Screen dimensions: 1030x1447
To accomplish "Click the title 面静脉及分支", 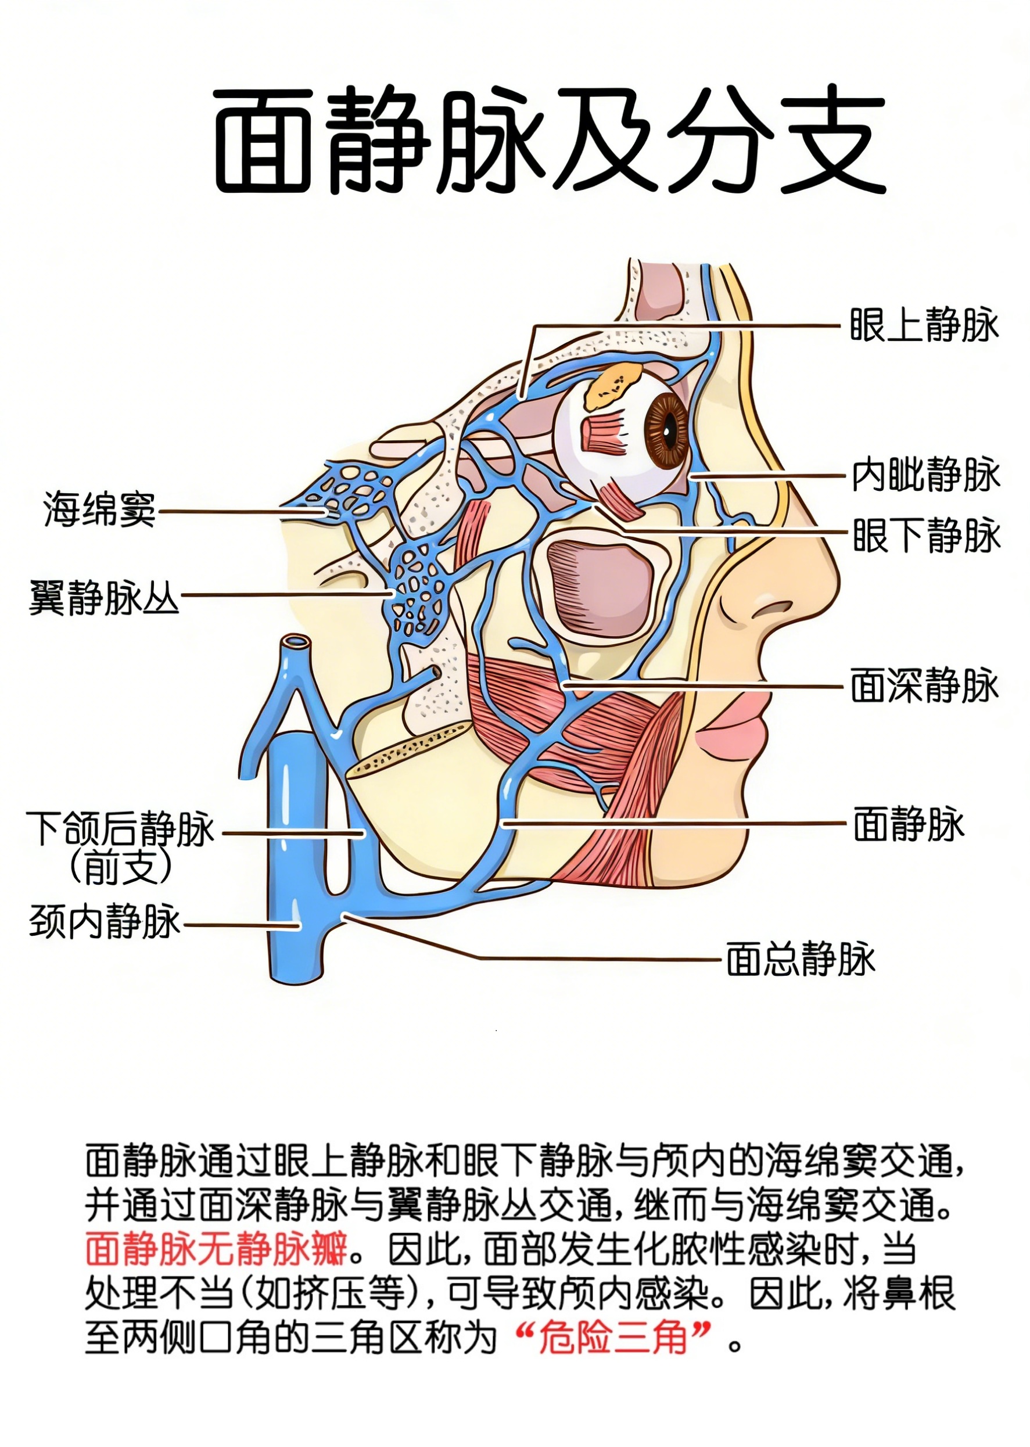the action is [549, 140].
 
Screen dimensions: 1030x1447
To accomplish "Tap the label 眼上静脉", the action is [924, 325].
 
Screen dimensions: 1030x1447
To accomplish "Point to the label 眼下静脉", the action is [926, 535].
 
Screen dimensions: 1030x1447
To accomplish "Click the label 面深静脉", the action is [924, 685].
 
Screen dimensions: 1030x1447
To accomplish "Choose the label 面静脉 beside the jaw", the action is [908, 824].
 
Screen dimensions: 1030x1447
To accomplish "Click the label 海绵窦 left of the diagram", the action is [99, 509].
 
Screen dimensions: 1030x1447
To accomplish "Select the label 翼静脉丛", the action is [105, 597].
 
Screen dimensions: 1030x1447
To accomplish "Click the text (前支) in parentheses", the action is [120, 867].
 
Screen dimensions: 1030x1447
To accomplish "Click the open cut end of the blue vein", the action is [296, 642].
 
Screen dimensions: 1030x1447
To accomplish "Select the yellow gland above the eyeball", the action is [611, 386].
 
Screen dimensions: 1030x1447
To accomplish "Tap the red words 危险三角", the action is [613, 1338].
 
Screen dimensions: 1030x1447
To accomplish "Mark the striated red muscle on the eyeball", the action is [605, 435].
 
